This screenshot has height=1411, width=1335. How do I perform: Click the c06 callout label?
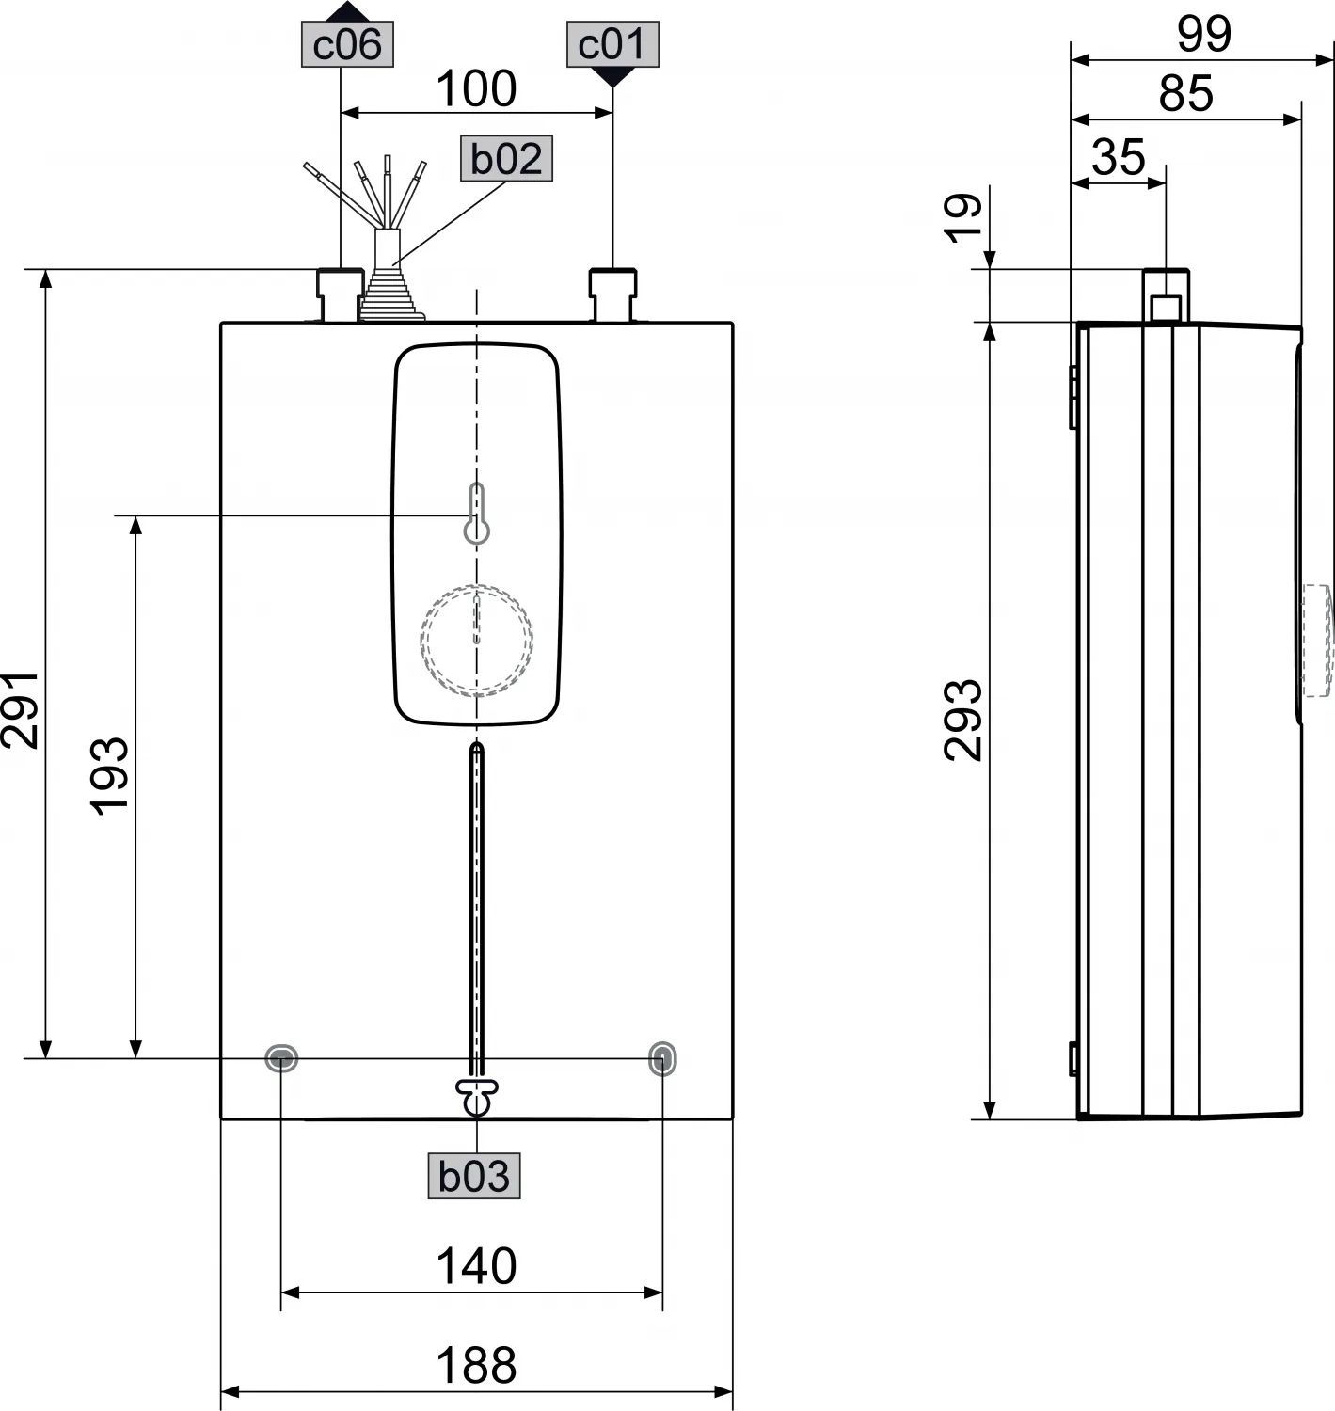point(347,44)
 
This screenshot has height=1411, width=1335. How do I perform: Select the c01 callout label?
point(612,44)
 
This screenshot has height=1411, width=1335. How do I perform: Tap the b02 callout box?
point(506,159)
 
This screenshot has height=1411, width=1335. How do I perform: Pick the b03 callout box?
point(474,1176)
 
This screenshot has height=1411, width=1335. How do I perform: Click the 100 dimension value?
point(476,89)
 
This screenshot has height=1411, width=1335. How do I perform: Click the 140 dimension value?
point(476,1266)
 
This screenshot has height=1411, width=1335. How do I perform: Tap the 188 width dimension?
point(476,1366)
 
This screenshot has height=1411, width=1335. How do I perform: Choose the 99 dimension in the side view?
point(1204,35)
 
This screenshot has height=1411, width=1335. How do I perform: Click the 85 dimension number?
point(1186,94)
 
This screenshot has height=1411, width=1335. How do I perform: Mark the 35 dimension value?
point(1119,157)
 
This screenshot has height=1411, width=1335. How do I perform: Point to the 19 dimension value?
point(964,218)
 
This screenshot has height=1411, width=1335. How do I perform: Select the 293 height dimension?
point(964,720)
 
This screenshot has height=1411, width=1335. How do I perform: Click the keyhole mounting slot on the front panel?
point(477,515)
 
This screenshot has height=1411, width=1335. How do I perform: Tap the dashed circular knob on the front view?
point(477,640)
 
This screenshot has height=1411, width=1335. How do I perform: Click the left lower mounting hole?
point(281,1058)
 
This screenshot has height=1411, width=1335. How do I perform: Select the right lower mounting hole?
point(662,1058)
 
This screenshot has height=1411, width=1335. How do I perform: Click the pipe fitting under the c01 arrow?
point(613,294)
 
